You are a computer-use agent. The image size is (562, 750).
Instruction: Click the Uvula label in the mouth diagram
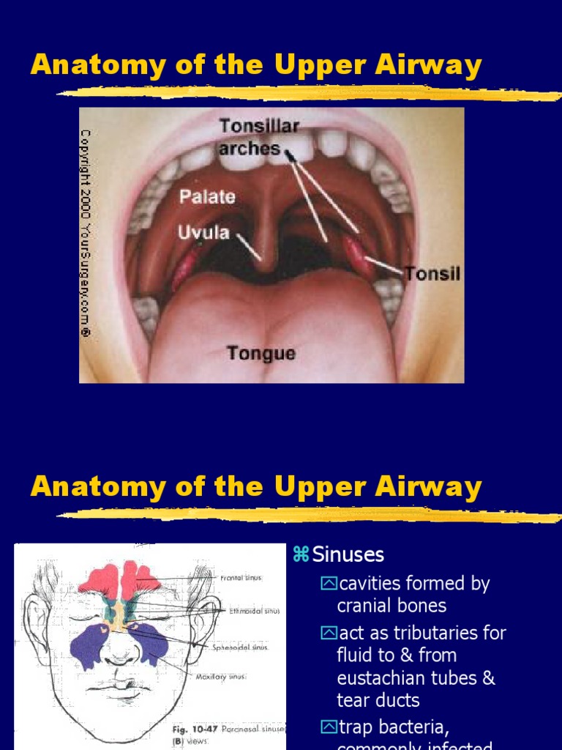click(203, 234)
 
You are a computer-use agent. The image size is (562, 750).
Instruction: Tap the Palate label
click(209, 196)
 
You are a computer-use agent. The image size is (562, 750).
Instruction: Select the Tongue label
click(261, 354)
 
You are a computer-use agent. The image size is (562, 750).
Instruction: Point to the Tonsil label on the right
click(433, 274)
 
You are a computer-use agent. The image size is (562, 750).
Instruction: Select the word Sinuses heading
click(348, 554)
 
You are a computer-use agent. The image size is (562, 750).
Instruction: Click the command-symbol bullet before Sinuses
click(301, 554)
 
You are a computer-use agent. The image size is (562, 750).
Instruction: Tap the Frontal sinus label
click(241, 578)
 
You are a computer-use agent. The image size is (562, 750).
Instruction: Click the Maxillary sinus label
click(221, 676)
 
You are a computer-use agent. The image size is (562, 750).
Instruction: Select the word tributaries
click(420, 632)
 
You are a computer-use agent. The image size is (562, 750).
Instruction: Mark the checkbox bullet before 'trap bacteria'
click(329, 727)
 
